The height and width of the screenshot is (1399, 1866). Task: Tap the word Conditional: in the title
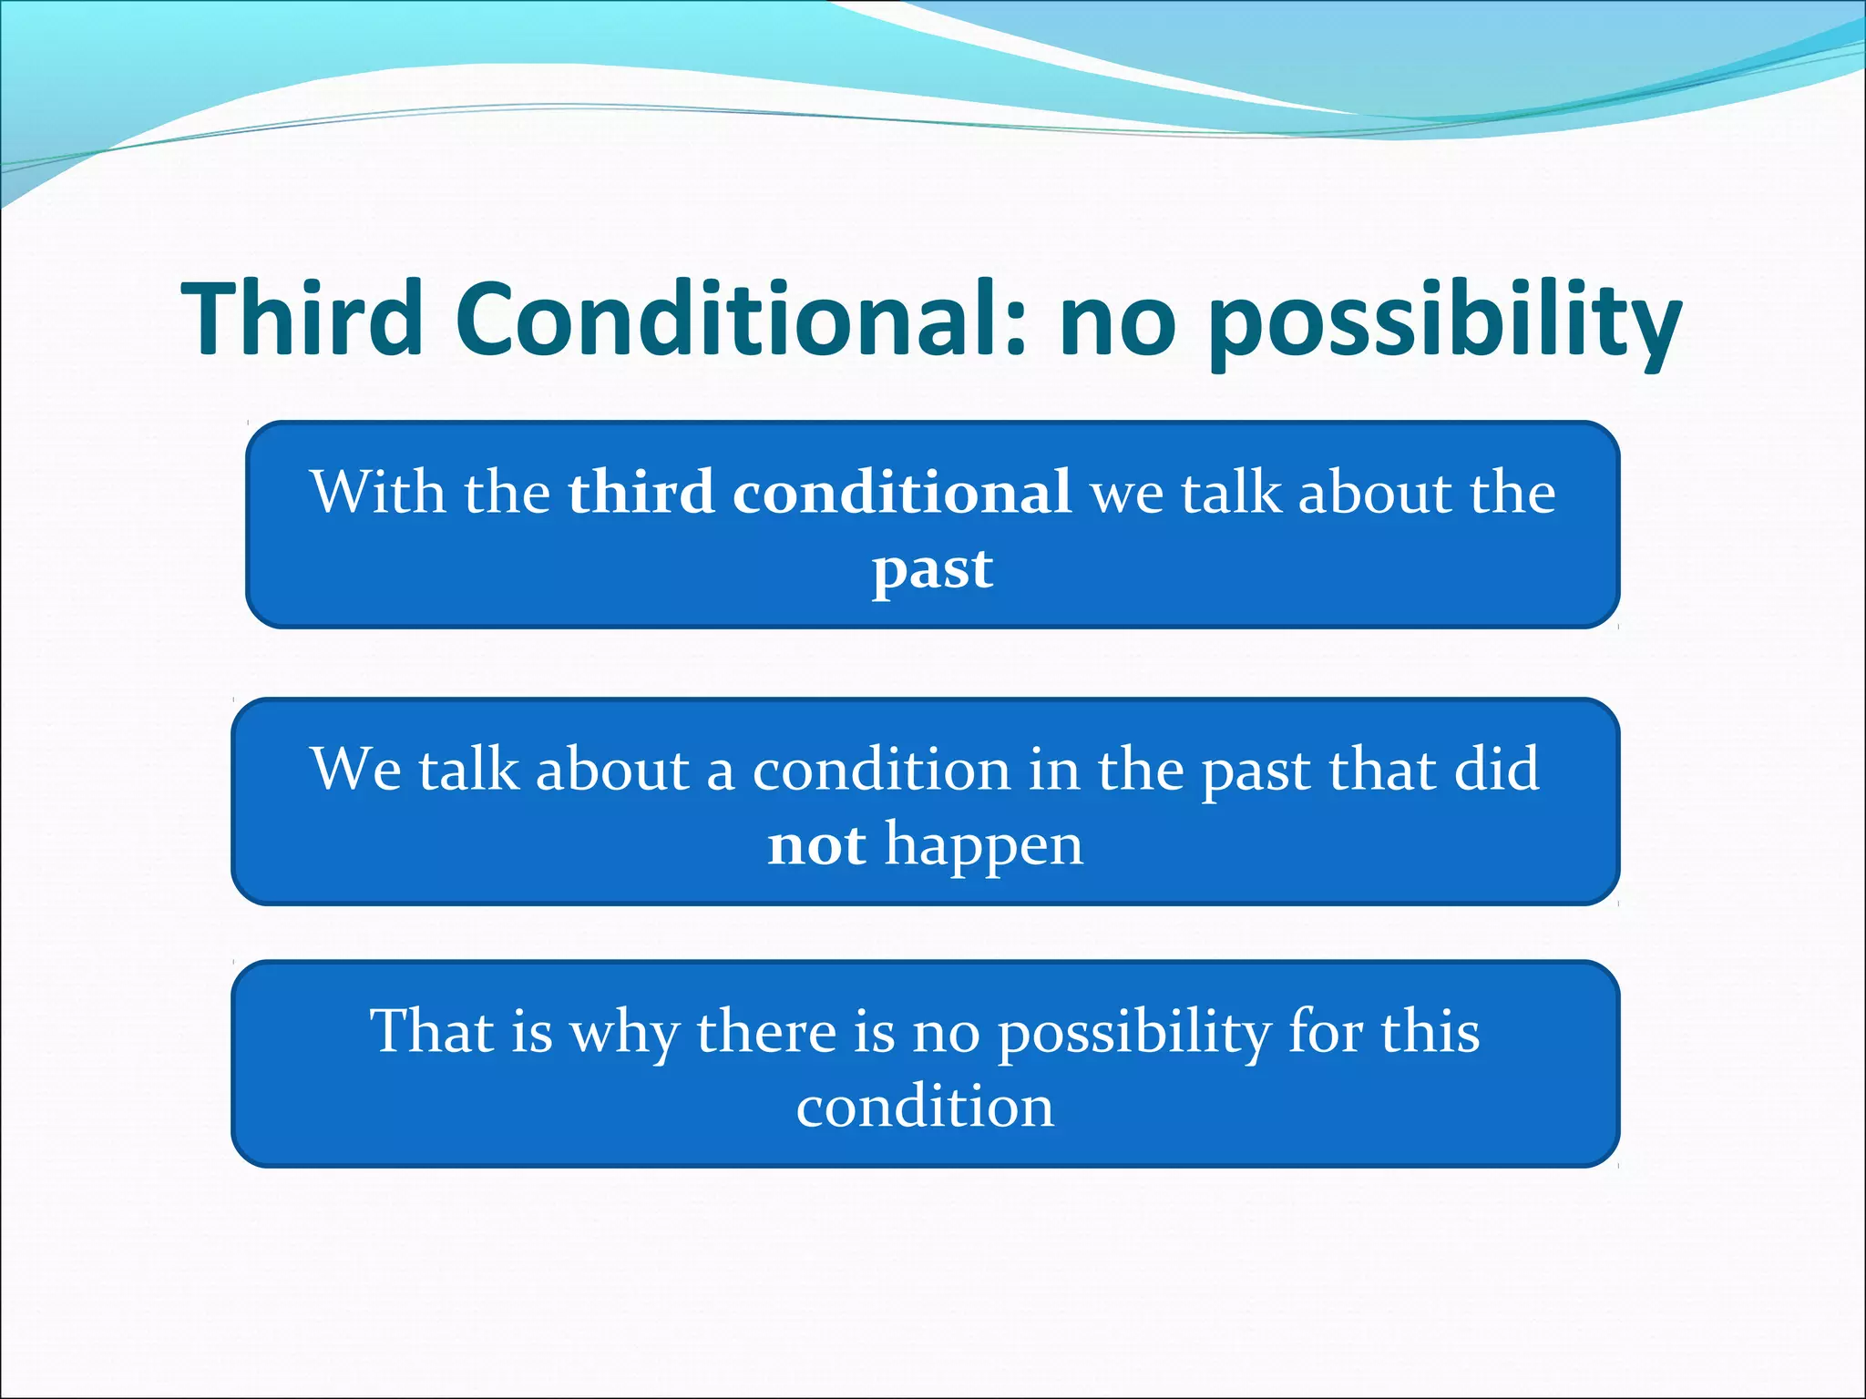(x=743, y=319)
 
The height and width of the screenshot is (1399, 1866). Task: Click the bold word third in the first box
(x=641, y=492)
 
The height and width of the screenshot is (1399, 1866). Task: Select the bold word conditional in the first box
(x=902, y=492)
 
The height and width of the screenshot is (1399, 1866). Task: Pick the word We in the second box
(x=355, y=769)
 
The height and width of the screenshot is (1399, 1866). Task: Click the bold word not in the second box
(x=816, y=845)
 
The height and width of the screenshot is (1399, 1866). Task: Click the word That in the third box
(x=432, y=1031)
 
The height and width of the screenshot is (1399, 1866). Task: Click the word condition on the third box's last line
(x=925, y=1108)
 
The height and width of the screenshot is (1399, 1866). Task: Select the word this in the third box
(x=1430, y=1031)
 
